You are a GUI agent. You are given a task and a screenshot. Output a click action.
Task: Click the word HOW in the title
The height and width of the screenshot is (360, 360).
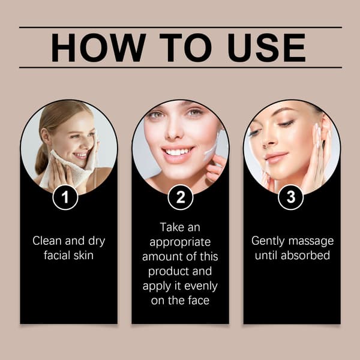click(98, 47)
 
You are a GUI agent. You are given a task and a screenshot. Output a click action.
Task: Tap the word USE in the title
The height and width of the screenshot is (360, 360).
click(266, 47)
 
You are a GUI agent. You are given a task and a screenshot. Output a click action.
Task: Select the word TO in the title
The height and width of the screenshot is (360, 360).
click(185, 47)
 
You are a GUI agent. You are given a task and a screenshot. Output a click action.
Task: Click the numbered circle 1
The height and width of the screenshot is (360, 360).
click(65, 197)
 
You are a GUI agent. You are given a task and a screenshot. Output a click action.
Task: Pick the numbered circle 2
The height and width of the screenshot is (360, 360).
click(180, 197)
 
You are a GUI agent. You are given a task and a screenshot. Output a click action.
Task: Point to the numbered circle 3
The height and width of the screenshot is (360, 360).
click(290, 197)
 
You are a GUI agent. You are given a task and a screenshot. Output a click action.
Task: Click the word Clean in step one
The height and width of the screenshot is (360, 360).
click(47, 241)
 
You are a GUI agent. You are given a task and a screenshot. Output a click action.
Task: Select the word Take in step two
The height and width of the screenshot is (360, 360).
click(172, 227)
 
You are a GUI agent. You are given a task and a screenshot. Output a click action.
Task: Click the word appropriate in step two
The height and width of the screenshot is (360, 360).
click(180, 242)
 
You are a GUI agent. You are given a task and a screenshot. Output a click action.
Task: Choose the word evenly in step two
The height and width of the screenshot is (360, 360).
click(200, 287)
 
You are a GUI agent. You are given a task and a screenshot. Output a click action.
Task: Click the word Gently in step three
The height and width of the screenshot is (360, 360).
click(268, 242)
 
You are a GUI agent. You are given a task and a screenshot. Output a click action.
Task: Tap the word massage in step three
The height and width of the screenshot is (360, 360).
click(311, 242)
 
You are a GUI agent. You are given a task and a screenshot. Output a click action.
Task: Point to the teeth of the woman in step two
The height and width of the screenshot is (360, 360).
click(177, 152)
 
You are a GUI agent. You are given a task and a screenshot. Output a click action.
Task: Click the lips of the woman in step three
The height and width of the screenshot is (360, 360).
click(275, 157)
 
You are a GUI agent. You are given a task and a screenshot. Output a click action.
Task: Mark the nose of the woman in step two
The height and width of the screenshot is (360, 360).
click(174, 130)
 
